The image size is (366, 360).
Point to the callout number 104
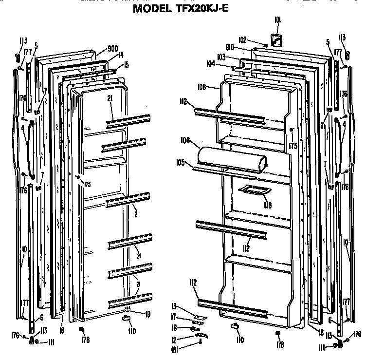[x=211, y=63]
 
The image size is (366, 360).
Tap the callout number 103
[x=221, y=57]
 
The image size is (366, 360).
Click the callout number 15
[x=126, y=65]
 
